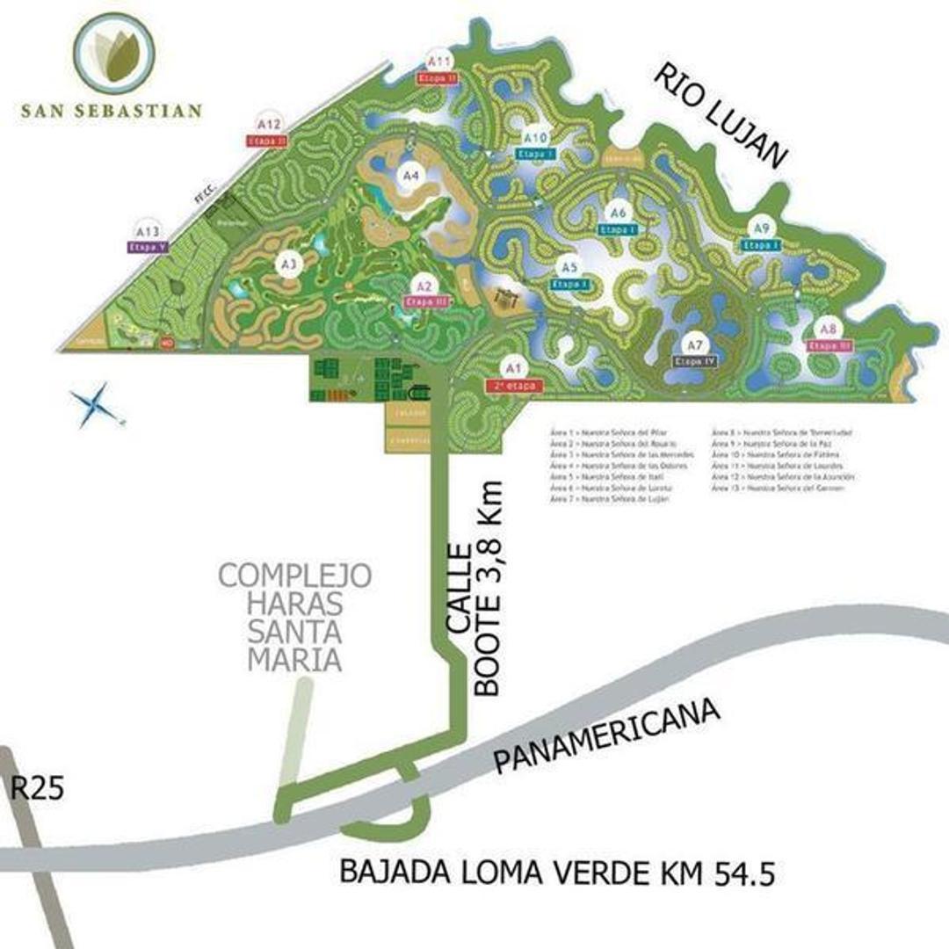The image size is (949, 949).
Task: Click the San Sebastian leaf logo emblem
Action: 114,53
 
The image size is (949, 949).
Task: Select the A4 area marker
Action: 410,176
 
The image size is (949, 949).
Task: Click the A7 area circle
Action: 696,344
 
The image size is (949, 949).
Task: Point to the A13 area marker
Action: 148,231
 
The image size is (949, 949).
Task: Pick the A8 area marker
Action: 828,330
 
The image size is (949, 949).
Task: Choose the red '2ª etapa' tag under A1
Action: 514,386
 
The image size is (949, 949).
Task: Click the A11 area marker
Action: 438,62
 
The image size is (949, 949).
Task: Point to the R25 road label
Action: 37,788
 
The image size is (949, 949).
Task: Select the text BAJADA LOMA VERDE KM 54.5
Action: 557,872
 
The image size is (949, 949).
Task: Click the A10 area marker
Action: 535,138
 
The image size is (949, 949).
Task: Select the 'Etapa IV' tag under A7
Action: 696,360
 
